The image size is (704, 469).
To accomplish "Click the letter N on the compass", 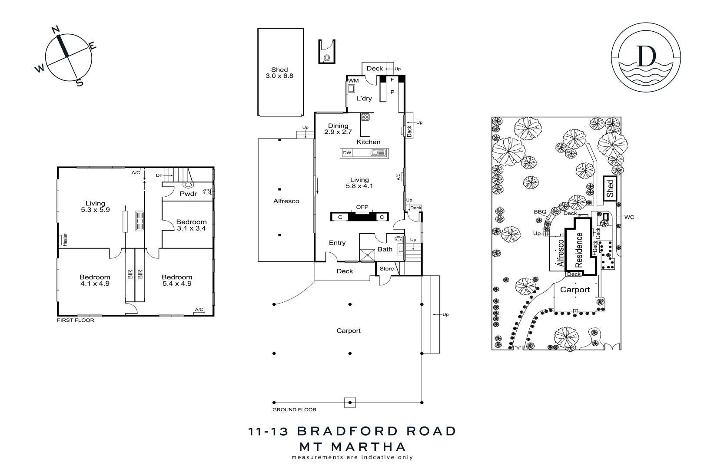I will (x=56, y=30).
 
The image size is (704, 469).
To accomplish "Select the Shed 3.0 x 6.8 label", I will (x=279, y=73).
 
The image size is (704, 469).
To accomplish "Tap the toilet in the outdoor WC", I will (x=327, y=58).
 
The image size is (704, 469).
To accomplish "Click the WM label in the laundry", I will (x=353, y=81).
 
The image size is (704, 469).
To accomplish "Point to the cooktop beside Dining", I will (x=365, y=117).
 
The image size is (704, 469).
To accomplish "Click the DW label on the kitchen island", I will (x=347, y=153).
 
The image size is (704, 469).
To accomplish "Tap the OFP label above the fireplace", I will (x=362, y=207).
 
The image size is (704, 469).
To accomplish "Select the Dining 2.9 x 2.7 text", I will (x=338, y=129).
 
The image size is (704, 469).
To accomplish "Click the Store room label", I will (x=386, y=269).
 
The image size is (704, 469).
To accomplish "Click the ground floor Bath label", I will (x=385, y=249).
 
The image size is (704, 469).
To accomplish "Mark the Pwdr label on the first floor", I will (x=188, y=194).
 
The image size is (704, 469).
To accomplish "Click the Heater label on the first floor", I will (x=65, y=240).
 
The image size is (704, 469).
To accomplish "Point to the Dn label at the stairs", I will (x=159, y=175).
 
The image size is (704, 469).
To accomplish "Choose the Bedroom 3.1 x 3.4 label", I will (x=191, y=225).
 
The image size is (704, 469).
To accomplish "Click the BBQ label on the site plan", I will (x=540, y=212).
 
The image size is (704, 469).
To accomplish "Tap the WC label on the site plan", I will (x=629, y=217).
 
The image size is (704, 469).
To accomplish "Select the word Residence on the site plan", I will (x=578, y=250).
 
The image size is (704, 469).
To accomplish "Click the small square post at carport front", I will (x=350, y=403).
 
